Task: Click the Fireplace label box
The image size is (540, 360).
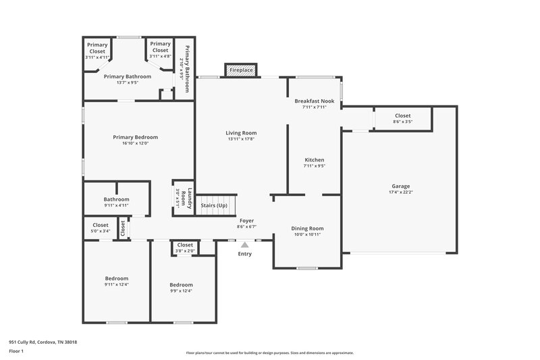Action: [241, 70]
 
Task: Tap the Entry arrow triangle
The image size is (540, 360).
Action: [244, 245]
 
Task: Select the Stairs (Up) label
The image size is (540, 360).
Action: [214, 205]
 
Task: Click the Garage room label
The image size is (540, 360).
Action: [400, 186]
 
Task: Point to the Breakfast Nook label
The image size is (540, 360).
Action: [314, 101]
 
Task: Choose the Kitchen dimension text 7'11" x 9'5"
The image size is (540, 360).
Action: [314, 165]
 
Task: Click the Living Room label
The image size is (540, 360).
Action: [241, 133]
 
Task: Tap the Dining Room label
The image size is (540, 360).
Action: [307, 228]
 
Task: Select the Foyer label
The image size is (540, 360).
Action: [247, 221]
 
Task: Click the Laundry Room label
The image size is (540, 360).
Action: [190, 198]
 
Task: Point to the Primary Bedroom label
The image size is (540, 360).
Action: [130, 137]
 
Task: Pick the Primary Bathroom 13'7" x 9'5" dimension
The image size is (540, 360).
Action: [127, 82]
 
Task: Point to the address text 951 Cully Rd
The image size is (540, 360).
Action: [43, 342]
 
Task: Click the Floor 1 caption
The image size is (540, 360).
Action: [17, 351]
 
